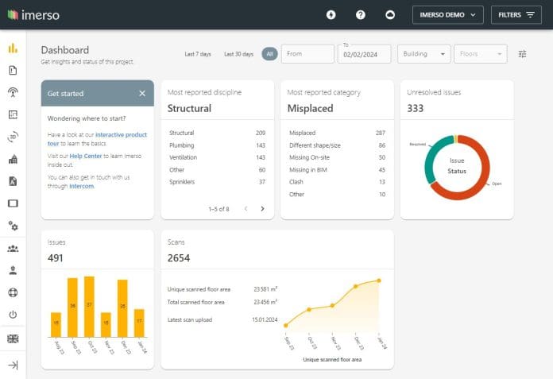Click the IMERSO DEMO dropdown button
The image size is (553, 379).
[447, 14]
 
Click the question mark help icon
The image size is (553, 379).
[360, 14]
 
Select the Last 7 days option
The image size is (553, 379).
[198, 54]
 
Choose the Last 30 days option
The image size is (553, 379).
[238, 54]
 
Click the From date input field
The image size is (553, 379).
[307, 54]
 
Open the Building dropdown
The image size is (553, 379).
[423, 54]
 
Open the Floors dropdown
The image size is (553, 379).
[480, 54]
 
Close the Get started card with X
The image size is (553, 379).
[142, 94]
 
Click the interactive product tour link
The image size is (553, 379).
[122, 135]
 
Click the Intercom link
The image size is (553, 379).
[82, 186]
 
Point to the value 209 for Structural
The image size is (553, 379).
[261, 133]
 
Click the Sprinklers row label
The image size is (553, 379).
[181, 182]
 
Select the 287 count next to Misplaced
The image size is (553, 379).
[381, 133]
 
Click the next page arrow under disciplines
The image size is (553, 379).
[262, 209]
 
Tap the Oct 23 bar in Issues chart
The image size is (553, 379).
[89, 306]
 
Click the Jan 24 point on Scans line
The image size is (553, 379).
[379, 280]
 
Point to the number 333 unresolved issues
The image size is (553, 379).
[416, 109]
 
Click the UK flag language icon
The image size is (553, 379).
[13, 339]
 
